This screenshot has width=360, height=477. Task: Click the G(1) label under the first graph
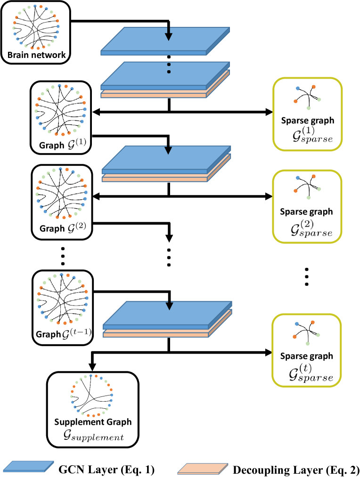77,145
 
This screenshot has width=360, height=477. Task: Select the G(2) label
77,227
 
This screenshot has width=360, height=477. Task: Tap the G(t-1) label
76,333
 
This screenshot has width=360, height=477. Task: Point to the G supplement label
93,435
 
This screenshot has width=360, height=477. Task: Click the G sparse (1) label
312,134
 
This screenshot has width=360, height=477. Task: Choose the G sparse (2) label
312,228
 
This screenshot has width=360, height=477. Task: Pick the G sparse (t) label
311,372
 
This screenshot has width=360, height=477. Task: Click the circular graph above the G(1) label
61,110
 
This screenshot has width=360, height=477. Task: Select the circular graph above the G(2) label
62,194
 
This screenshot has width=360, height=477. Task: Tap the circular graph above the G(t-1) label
63,299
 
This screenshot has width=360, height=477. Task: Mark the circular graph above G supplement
91,396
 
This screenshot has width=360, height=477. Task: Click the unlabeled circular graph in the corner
36,27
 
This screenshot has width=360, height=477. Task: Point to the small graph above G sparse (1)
308,97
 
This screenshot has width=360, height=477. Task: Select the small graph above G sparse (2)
308,187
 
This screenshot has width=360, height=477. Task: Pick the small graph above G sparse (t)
307,333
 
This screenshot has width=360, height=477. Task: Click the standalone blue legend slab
28,466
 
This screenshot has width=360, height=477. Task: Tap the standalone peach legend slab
203,469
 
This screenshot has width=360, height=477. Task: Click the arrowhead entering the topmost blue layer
169,36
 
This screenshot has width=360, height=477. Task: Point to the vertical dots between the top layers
169,65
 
